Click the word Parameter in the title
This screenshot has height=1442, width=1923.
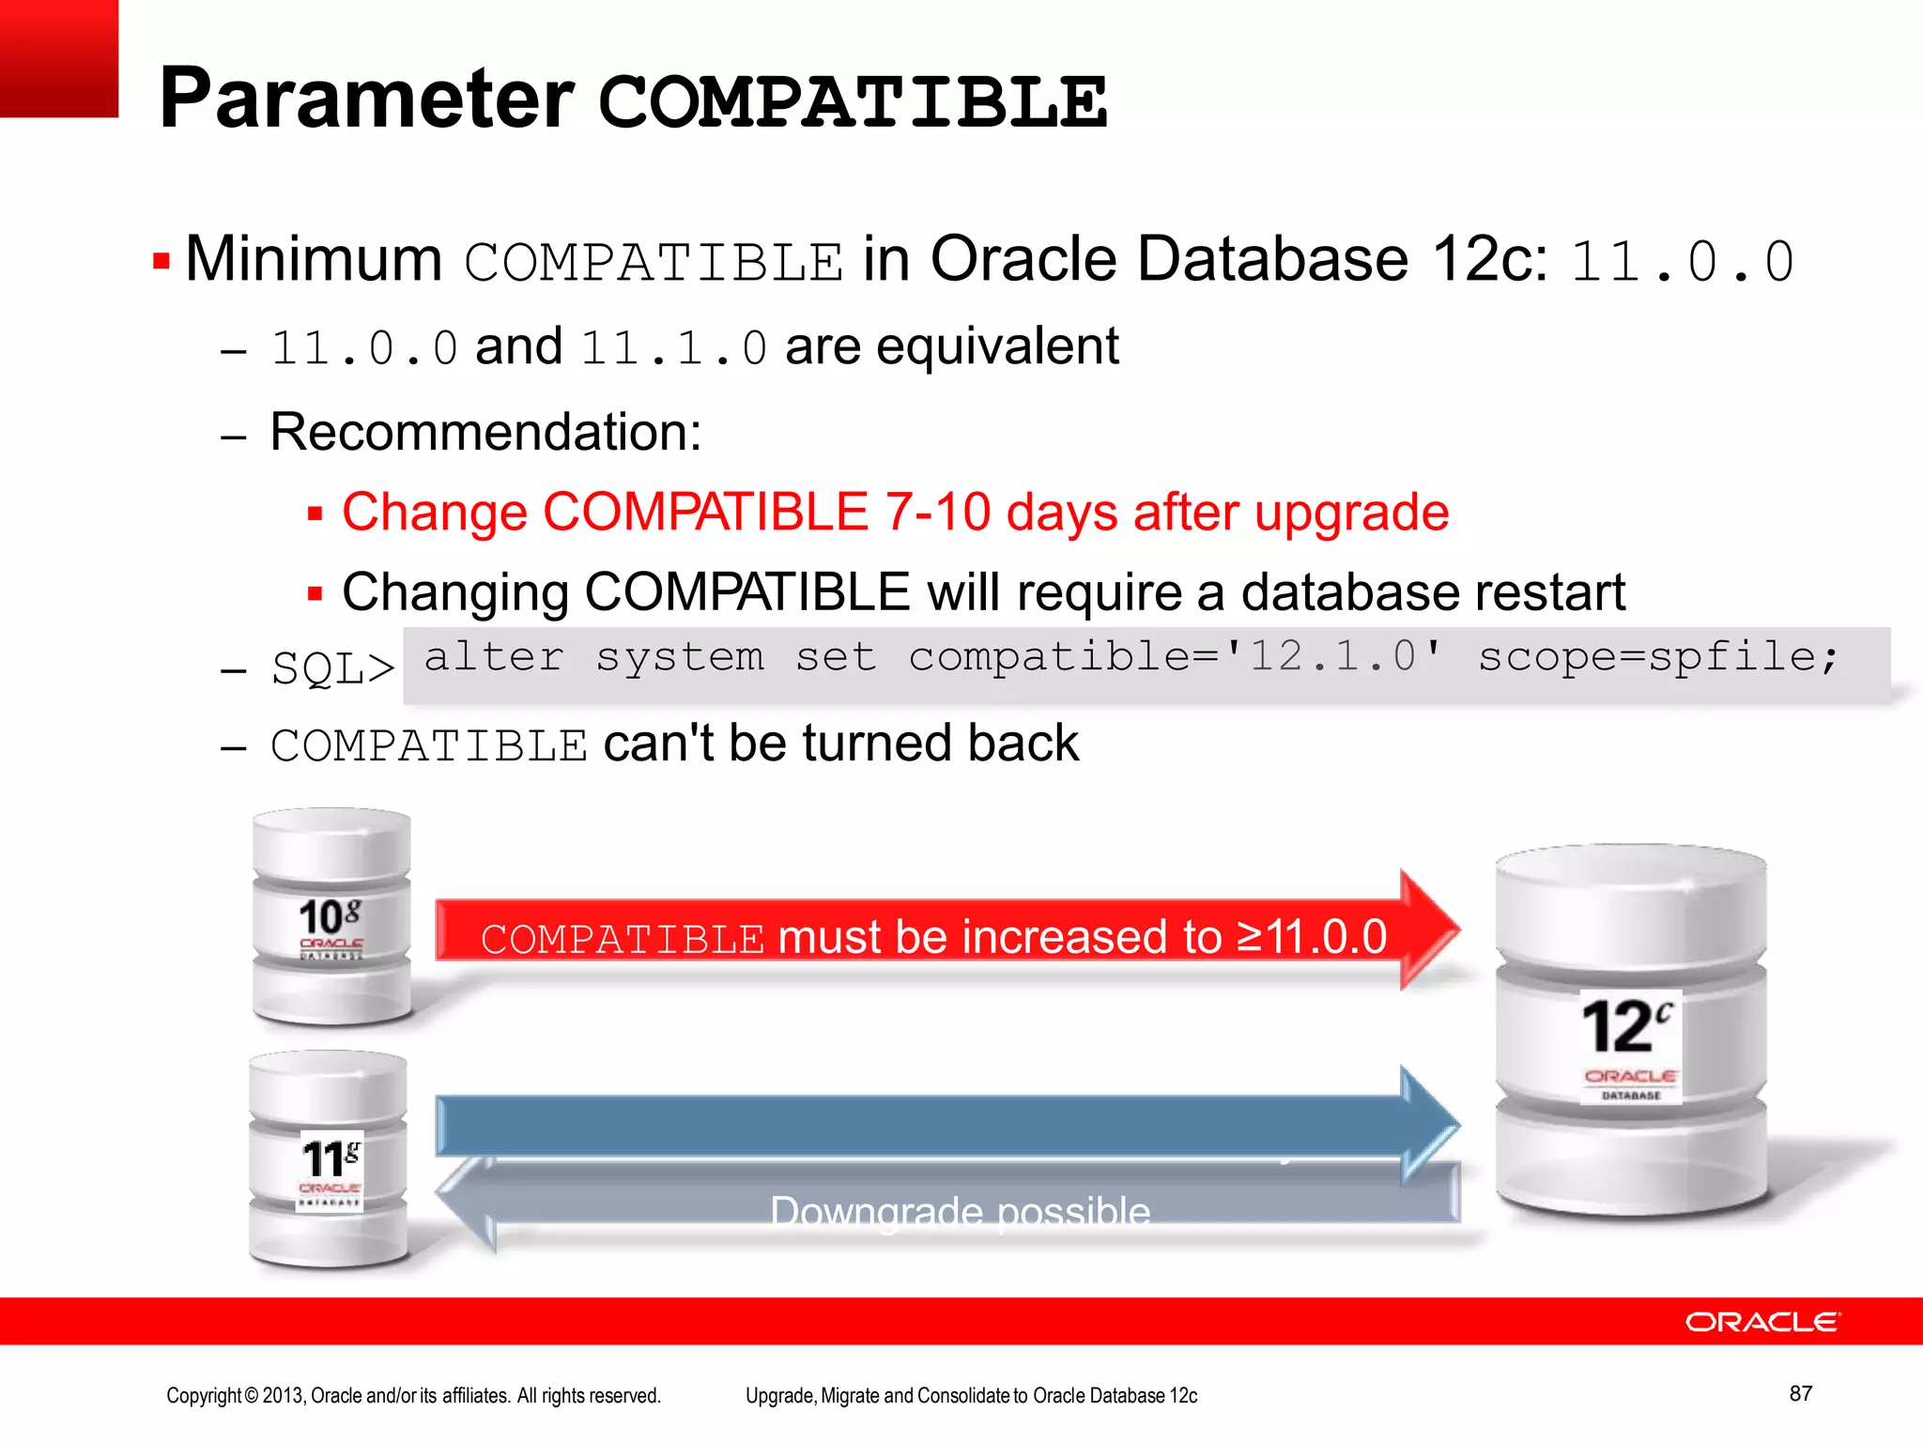(x=366, y=99)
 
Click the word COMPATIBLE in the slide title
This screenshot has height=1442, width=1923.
(x=853, y=101)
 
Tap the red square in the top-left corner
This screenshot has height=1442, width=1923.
(x=58, y=58)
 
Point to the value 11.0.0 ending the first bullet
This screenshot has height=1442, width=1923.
(x=1682, y=261)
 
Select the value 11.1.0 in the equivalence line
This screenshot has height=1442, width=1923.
(x=673, y=348)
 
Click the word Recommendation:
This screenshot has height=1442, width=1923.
(x=485, y=433)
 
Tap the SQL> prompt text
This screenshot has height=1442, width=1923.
(x=332, y=669)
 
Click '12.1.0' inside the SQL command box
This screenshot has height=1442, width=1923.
(x=1333, y=656)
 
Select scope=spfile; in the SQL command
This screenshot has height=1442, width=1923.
(x=1657, y=656)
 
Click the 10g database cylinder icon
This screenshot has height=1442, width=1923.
(x=331, y=915)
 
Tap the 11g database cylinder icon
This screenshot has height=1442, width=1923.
(x=329, y=1159)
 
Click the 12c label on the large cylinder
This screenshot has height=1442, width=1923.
(x=1626, y=1027)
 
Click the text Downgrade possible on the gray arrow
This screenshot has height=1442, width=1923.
(x=960, y=1212)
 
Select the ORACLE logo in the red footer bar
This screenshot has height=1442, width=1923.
(x=1762, y=1322)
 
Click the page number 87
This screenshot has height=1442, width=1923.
(x=1800, y=1393)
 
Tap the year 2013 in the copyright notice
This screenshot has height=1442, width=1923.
(x=284, y=1396)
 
